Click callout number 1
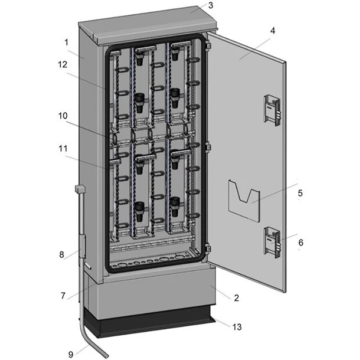66,42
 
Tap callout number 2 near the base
237,298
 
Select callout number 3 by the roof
211,5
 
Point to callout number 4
273,31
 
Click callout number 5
300,193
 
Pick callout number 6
300,243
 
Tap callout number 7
63,296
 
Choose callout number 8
61,254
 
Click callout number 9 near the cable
71,354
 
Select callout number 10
63,116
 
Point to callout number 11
63,148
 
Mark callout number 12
63,64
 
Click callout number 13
237,327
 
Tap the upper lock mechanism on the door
272,110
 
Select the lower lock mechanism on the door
272,243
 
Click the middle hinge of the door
208,147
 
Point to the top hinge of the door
208,44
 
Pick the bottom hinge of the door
208,248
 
